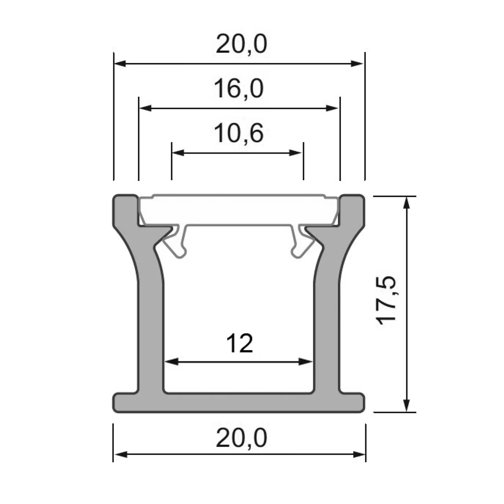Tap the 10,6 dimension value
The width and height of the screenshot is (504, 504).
point(239,134)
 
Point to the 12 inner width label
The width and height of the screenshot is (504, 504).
point(240,343)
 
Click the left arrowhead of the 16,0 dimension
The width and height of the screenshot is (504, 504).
point(146,108)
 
